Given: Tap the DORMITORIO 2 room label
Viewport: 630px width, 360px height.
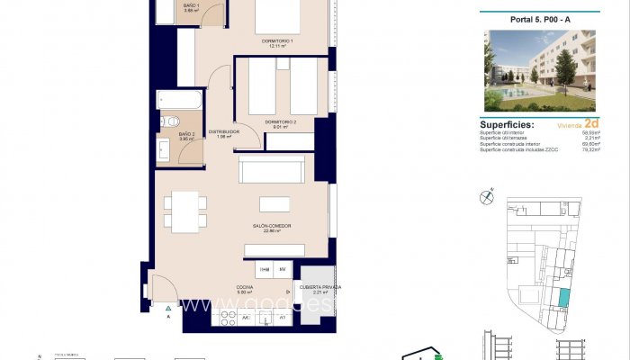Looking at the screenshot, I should pos(280,121).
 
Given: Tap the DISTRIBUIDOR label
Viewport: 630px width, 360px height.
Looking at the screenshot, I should pos(224,132).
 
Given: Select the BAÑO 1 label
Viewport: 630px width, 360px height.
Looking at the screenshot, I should pos(190,6).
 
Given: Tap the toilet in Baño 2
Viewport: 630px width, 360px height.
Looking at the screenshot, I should pos(168,121).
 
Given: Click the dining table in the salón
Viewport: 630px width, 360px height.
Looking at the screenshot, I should pos(185,211).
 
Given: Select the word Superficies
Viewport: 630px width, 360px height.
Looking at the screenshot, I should pos(507,125).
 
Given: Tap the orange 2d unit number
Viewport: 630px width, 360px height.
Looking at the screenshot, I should pos(591,123).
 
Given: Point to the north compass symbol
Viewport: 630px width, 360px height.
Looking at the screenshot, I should pos(487,194).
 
